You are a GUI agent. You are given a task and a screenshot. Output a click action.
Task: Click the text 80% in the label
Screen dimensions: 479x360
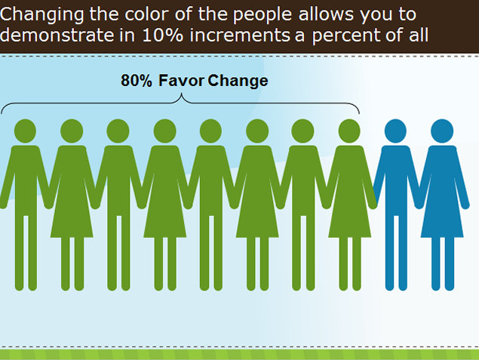pos(137,81)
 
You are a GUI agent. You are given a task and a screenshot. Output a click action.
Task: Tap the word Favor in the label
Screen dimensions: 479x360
pos(182,81)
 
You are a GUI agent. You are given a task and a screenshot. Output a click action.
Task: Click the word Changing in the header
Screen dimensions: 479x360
pos(41,14)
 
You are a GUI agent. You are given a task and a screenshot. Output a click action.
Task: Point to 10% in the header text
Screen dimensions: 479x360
pos(162,35)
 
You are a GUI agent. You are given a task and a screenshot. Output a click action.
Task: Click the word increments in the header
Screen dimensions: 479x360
pos(240,35)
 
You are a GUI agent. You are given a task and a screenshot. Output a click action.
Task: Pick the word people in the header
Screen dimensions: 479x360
pos(263,15)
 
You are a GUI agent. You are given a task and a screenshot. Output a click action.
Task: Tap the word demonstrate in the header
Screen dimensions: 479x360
pos(57,35)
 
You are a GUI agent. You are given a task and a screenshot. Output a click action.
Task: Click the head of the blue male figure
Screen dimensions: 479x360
pos(395,131)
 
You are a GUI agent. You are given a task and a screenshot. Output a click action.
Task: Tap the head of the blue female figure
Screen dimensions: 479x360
pos(442,131)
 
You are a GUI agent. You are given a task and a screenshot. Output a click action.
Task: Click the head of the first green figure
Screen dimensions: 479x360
pos(25,131)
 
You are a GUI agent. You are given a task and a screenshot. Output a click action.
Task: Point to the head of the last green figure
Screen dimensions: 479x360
pos(349,131)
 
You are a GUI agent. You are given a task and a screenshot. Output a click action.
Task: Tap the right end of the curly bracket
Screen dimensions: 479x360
pos(359,114)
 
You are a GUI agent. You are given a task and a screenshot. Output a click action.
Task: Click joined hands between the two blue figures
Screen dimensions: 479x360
pos(419,204)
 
